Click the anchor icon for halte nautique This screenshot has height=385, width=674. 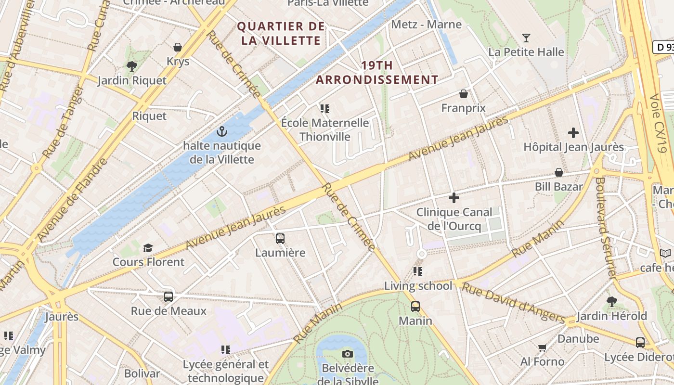pyautogui.click(x=221, y=131)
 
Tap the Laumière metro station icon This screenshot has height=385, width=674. pyautogui.click(x=280, y=238)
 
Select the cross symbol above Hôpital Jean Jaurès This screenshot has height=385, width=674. pyautogui.click(x=573, y=133)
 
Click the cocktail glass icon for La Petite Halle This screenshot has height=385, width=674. pyautogui.click(x=526, y=38)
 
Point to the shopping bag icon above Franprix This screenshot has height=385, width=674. pyautogui.click(x=464, y=93)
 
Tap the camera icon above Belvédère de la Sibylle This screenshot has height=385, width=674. pyautogui.click(x=347, y=354)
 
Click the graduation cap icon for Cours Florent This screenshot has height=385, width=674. pyautogui.click(x=148, y=248)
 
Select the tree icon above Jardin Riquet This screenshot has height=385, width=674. pyautogui.click(x=131, y=66)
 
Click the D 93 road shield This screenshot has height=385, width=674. pyautogui.click(x=663, y=47)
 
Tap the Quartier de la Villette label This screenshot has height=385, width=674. pyautogui.click(x=281, y=33)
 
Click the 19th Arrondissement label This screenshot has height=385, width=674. pyautogui.click(x=377, y=72)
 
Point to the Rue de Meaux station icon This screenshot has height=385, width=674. pyautogui.click(x=168, y=296)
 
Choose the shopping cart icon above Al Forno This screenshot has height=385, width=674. pyautogui.click(x=542, y=347)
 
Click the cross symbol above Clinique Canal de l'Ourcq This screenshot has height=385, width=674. pyautogui.click(x=454, y=198)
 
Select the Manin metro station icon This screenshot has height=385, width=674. pyautogui.click(x=415, y=306)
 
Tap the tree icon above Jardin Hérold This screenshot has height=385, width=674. pyautogui.click(x=611, y=302)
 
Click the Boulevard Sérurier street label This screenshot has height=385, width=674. pyautogui.click(x=606, y=228)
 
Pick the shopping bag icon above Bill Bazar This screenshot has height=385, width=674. pyautogui.click(x=559, y=172)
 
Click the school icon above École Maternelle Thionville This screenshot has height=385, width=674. pyautogui.click(x=325, y=109)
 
